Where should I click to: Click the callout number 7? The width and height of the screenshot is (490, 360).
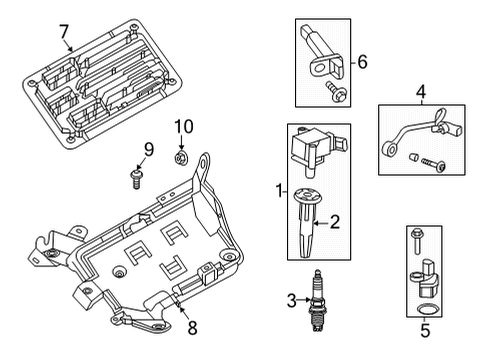[65, 31]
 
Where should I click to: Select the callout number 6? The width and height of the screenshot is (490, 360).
[363, 62]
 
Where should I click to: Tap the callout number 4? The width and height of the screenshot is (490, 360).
[421, 92]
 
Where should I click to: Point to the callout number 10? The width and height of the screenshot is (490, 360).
[183, 126]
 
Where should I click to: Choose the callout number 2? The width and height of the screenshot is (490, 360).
[336, 222]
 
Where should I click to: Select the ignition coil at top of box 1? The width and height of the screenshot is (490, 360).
[314, 148]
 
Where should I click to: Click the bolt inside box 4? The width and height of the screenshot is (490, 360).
[428, 161]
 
